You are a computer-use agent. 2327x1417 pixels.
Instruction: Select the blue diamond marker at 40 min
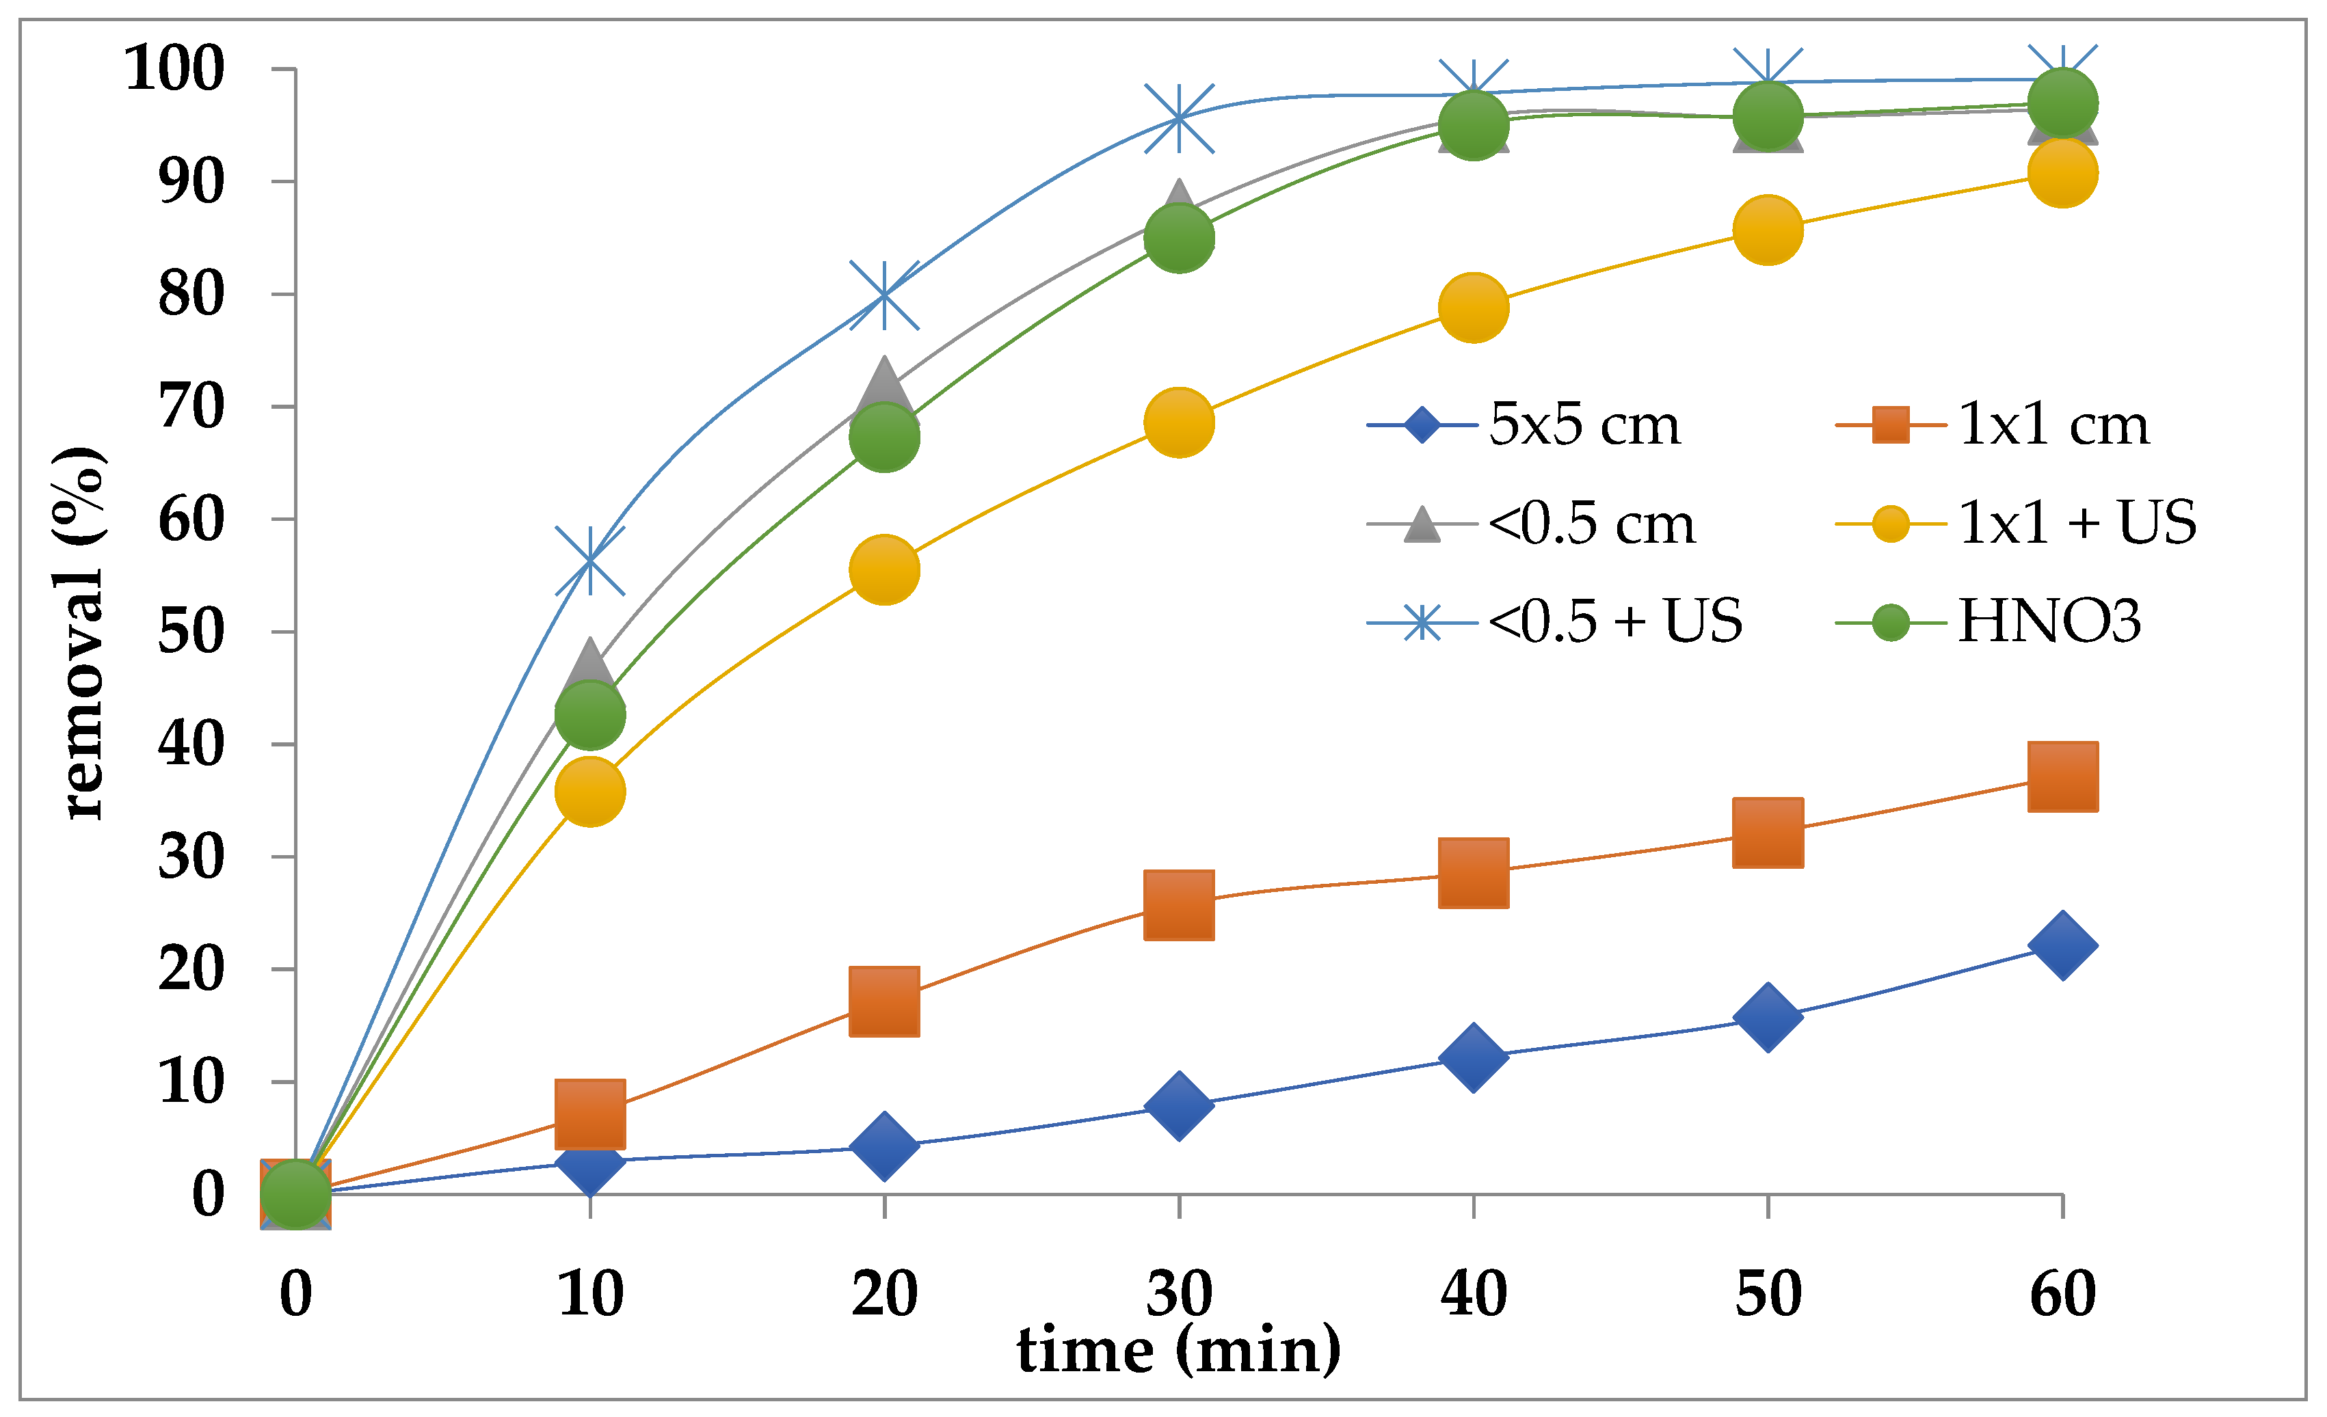[1473, 1056]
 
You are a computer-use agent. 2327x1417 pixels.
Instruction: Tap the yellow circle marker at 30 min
[1179, 422]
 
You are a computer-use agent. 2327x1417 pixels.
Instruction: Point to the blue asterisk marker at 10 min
[589, 562]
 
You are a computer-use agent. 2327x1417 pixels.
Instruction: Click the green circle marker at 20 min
[884, 436]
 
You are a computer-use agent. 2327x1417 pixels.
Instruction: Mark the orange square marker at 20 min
[884, 1001]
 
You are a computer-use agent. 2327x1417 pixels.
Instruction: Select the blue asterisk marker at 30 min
[1179, 118]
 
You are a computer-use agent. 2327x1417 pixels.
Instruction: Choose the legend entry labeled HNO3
[1988, 621]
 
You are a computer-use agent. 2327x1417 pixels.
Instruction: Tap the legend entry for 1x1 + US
[2017, 522]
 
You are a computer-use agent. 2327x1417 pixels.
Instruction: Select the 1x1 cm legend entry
[1993, 424]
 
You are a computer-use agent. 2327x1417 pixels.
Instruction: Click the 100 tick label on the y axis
[175, 69]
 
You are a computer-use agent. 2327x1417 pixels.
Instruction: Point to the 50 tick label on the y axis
[191, 632]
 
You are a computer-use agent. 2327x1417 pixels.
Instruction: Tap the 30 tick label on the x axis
[1179, 1293]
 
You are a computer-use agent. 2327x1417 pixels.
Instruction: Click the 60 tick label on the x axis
[2062, 1293]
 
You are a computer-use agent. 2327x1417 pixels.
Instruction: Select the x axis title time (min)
[1179, 1349]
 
